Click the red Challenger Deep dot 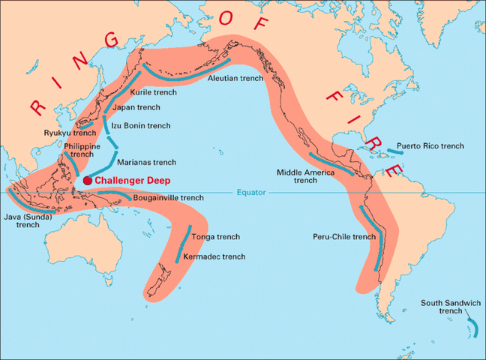88,181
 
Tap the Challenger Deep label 132,181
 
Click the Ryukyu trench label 64,133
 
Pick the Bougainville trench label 168,198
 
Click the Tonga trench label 216,237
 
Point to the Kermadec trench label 214,256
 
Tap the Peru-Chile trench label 344,237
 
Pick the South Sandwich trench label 451,306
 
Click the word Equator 252,193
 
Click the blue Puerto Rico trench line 397,151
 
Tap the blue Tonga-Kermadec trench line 184,243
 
